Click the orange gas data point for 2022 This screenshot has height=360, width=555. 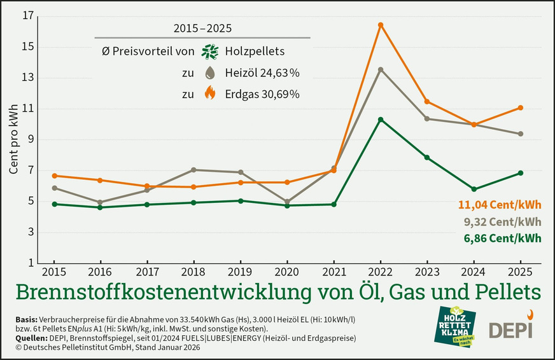click(381, 25)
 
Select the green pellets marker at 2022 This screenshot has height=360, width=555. click(381, 120)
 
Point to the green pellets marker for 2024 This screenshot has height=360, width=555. click(474, 189)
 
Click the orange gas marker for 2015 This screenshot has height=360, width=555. click(55, 176)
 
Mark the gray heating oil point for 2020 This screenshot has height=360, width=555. click(287, 202)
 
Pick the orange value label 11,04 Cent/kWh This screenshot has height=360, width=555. click(500, 205)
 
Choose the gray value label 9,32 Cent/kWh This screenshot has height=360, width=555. click(503, 222)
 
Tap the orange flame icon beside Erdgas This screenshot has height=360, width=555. click(209, 93)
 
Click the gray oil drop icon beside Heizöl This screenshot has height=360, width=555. click(209, 73)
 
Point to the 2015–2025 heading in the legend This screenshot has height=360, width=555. click(202, 29)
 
